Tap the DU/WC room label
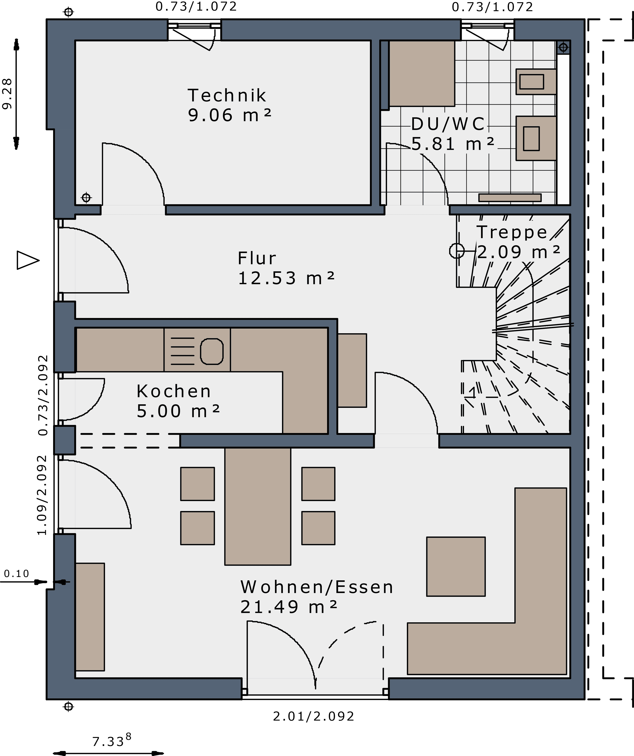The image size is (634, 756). coord(448,124)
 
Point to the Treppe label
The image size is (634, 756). coord(512,232)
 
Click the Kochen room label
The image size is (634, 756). coord(174,391)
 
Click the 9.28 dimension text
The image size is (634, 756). coord(7,94)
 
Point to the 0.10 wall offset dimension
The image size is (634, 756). coord(17,573)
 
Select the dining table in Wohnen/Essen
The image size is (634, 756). coord(258,506)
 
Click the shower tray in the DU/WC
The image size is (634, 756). coord(422,73)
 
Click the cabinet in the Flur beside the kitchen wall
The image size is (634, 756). coord(352,370)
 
